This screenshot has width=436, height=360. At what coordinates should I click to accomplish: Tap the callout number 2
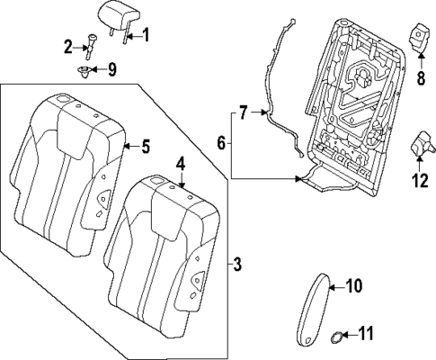pos(67,46)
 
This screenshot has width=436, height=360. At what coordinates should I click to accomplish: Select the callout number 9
pos(111,68)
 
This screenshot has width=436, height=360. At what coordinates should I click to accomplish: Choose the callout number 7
pos(242,113)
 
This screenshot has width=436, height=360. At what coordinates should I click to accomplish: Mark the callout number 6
pos(222,142)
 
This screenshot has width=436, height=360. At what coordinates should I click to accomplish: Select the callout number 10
pos(352,287)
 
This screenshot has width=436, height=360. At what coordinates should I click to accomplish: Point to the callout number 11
pos(364,334)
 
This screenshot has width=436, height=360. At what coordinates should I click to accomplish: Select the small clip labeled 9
pos(85,68)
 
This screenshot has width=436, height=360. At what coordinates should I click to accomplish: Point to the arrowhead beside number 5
pos(124,146)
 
